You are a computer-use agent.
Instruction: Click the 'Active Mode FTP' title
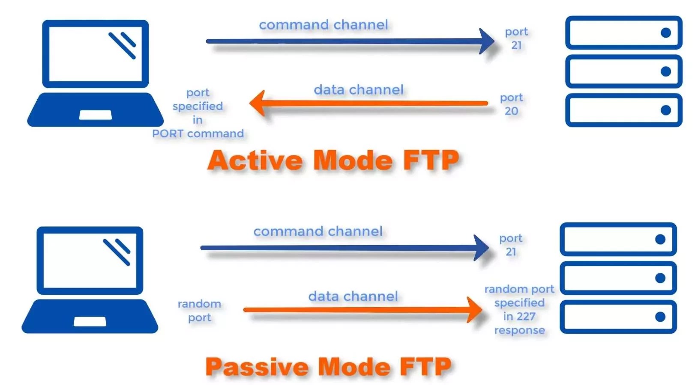333,161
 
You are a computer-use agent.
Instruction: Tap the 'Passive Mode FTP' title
328,367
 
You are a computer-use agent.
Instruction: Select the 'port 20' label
511,104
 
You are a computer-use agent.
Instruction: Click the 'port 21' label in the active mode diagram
516,38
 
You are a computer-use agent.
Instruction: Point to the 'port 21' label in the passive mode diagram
511,245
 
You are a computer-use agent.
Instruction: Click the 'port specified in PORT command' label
198,113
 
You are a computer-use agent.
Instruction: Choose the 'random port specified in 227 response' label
519,310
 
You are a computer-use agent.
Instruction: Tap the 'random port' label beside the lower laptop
200,311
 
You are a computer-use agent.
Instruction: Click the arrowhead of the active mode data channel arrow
258,103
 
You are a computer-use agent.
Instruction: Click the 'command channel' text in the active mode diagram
324,25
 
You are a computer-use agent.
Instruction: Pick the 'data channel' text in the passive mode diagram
353,296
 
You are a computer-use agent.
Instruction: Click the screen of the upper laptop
95,54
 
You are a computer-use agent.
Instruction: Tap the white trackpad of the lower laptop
90,322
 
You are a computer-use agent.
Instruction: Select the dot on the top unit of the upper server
665,33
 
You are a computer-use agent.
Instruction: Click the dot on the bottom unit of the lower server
660,317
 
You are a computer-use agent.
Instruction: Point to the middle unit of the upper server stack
623,71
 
